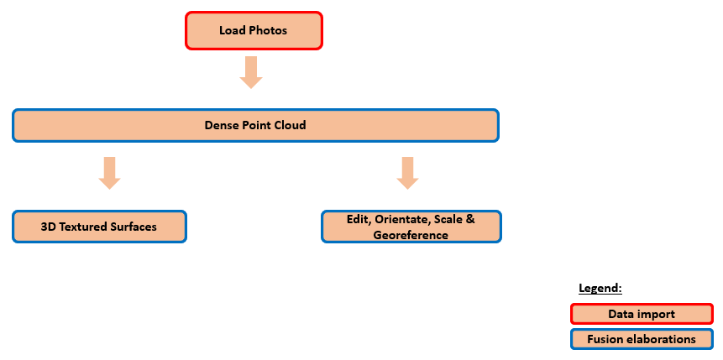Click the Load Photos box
coord(254,31)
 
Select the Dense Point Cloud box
coord(255,125)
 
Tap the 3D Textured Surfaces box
coord(99,227)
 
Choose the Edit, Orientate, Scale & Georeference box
coord(411,227)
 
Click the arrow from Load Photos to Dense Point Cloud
coord(251,72)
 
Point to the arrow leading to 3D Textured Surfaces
coord(110,172)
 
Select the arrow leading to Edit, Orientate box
coord(407,172)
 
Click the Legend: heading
coord(600,288)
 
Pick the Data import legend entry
coord(642,314)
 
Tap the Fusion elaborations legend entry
coord(642,340)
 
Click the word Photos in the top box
coord(268,31)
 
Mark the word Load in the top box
coord(232,31)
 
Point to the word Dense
coord(221,125)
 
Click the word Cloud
coord(290,125)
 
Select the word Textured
coord(84,227)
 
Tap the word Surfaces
coord(134,227)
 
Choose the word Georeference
coord(411,236)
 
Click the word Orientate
coord(405,218)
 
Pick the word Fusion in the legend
coord(605,340)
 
